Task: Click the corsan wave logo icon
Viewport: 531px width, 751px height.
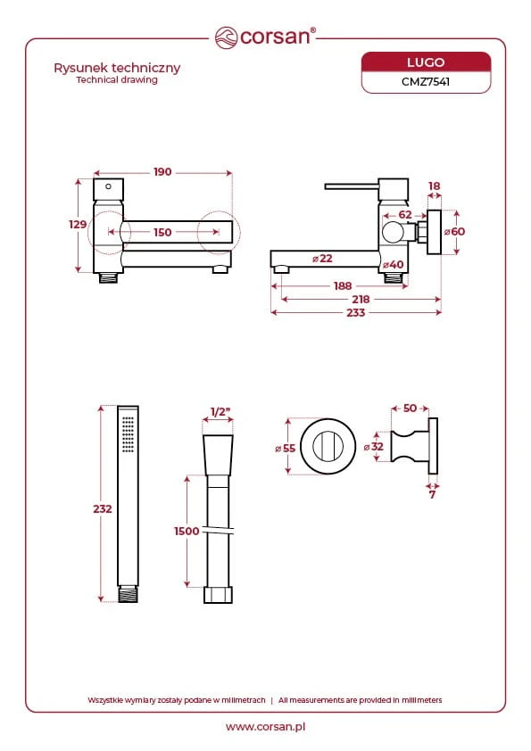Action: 226,37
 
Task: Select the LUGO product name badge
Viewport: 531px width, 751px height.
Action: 426,62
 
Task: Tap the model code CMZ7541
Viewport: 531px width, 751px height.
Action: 426,81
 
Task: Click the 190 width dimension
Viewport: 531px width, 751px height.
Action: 162,172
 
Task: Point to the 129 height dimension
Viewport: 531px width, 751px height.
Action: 78,224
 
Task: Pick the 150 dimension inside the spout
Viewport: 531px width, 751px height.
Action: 162,232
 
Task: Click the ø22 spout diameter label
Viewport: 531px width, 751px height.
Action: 322,259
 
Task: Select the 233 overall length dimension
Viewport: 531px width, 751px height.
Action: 355,313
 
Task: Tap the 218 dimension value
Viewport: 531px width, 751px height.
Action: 361,300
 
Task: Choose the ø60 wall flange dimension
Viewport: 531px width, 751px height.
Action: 454,232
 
